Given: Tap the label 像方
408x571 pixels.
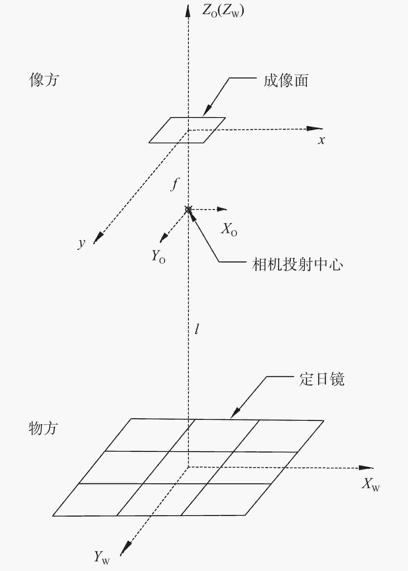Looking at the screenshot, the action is point(44,80).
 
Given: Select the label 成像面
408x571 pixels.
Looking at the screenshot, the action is point(286,81).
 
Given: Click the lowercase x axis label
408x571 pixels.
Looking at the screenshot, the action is point(321,141).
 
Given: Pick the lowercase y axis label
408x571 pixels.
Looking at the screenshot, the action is point(82,243).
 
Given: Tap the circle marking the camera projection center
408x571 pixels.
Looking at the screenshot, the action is point(188,209).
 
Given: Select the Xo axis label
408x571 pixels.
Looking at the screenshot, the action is point(229,230).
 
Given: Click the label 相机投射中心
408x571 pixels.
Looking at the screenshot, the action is point(297,264).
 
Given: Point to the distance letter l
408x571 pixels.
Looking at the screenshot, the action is point(197,329).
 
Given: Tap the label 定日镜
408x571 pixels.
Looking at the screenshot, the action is point(322,379).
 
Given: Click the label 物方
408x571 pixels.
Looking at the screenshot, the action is point(43,428).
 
